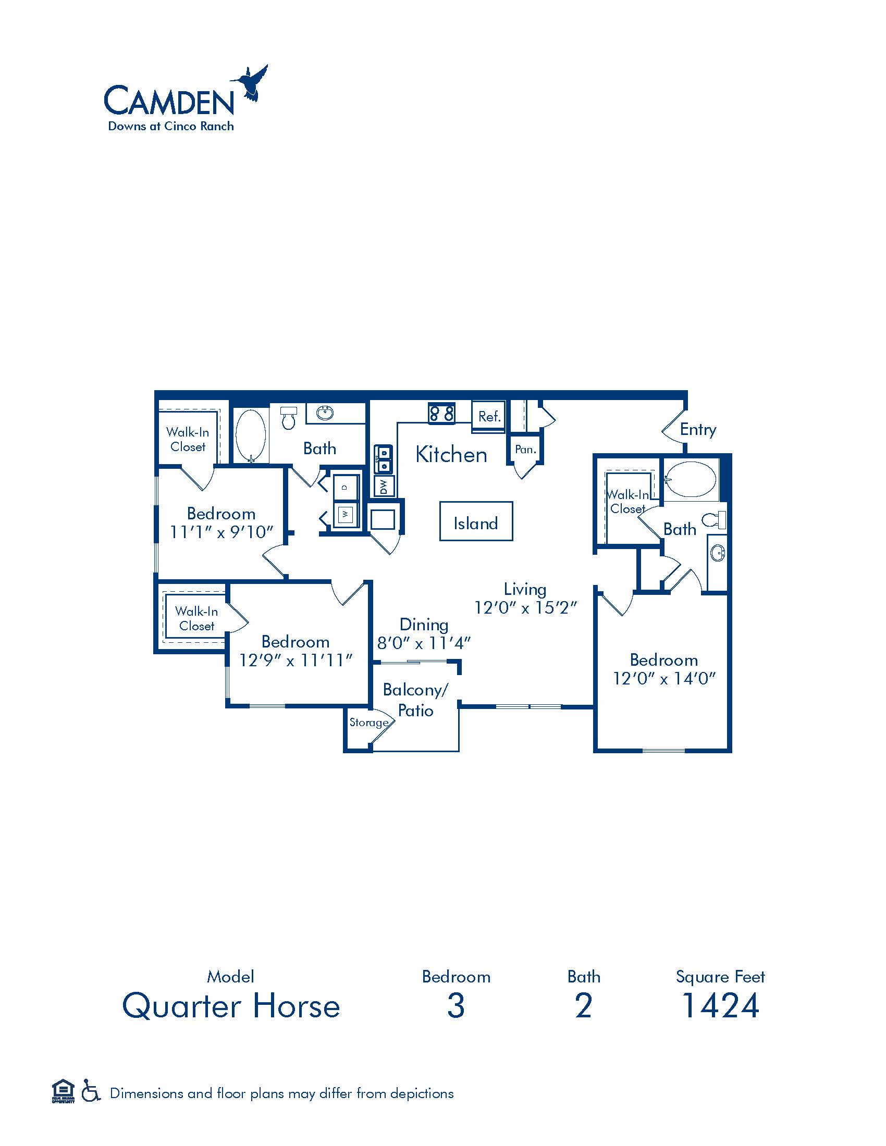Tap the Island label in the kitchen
475,523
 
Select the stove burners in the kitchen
441,413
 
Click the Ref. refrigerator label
490,417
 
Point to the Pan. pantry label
525,449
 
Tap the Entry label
697,429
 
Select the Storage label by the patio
369,722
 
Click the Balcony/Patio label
415,700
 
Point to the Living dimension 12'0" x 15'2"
525,607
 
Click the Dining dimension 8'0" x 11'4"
424,643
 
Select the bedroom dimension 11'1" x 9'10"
221,532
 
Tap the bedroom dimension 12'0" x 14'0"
664,678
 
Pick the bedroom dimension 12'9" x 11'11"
295,660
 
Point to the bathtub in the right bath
690,479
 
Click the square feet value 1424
720,1005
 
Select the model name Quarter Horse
231,1006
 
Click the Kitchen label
451,454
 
